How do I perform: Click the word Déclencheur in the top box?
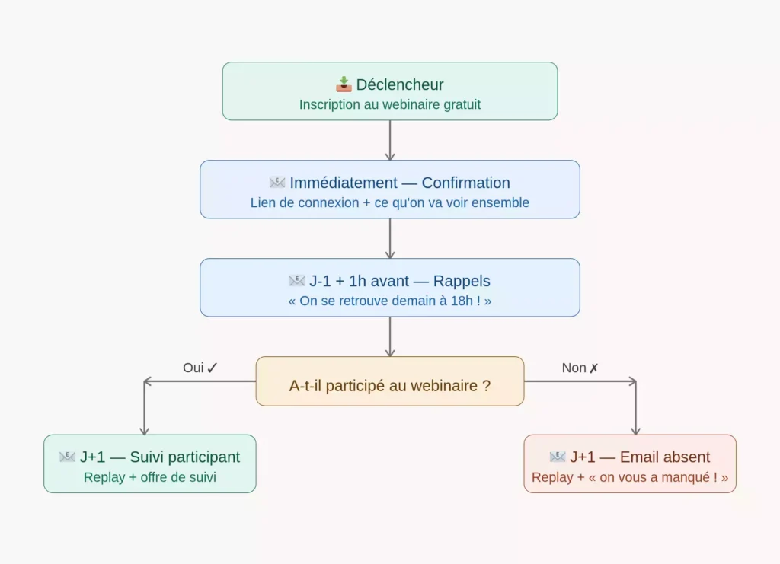399,84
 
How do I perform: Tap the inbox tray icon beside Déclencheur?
344,84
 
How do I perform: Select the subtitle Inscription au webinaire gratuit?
390,105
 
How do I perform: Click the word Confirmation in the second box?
465,183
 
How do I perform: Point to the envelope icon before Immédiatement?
277,183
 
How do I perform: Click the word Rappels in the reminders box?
462,281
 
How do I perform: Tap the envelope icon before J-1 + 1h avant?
297,281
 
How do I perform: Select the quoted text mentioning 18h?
390,301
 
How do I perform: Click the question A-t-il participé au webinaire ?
390,386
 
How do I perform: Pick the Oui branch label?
200,368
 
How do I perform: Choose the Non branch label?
580,368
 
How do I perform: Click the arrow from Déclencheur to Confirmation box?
390,140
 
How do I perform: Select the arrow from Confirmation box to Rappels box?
390,238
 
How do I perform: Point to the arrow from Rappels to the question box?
390,337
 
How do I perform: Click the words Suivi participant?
185,457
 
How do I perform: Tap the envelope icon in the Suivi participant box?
67,457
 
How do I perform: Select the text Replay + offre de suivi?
150,477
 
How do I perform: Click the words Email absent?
664,457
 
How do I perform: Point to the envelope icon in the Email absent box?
557,457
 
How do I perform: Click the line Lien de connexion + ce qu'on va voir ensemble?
390,202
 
